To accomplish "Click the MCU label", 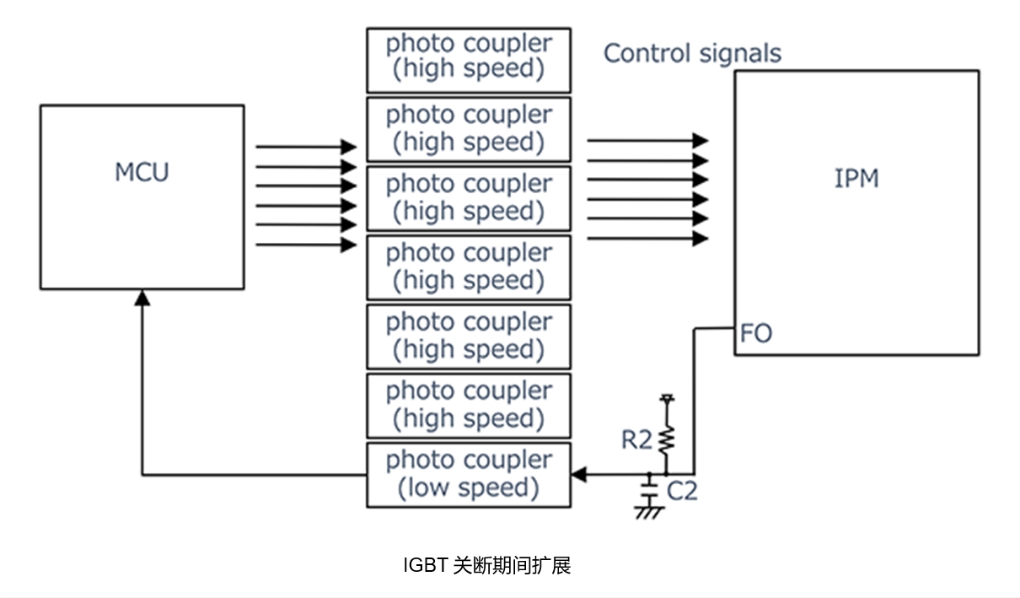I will pos(142,172).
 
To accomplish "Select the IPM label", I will pos(856,179).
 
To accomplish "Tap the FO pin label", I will pos(755,334).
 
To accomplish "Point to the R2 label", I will pos(636,440).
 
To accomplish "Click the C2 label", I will pos(682,491).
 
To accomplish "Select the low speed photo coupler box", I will pos(468,475).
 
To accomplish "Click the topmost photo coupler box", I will pos(468,60).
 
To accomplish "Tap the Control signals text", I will pos(692,53).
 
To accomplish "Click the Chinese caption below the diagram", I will pos(487,565).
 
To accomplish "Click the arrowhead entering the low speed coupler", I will pos(578,475).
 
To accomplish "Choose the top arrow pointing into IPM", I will pos(647,140).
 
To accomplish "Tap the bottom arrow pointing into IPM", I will pos(647,239).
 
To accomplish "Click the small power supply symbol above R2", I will pos(666,397).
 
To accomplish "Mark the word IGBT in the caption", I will pos(426,565).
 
